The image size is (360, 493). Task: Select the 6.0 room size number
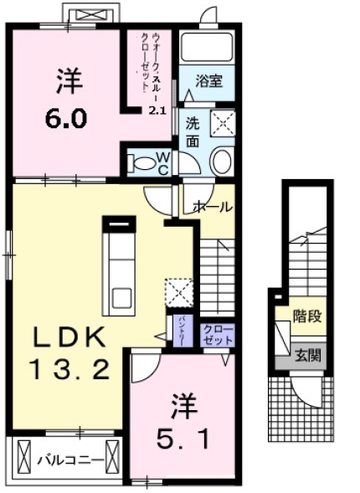(65, 117)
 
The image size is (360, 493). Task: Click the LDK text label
(69, 337)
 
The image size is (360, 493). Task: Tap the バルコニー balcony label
(69, 460)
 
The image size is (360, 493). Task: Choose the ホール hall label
(213, 207)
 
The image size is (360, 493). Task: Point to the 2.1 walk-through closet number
(157, 110)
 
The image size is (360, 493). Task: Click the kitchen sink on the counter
(121, 296)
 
